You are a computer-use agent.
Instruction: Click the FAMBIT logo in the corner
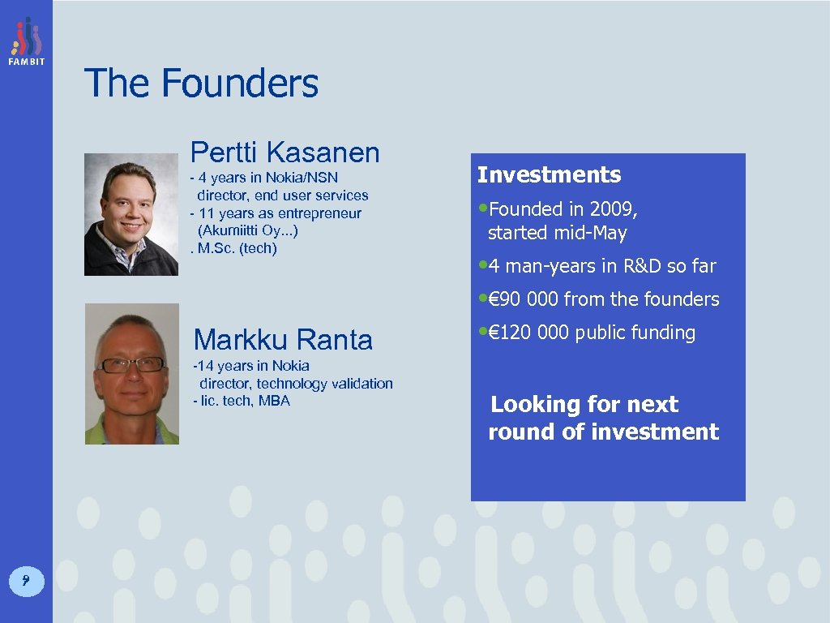[26, 41]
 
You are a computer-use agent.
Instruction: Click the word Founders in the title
[240, 84]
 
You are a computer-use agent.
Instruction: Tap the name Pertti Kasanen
[285, 152]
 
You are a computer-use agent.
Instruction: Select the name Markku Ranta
[283, 339]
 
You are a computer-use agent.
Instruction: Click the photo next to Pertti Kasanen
[131, 215]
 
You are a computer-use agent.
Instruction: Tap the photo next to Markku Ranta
[131, 374]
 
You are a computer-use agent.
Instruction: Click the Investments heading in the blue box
[549, 175]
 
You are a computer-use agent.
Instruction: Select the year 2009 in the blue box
[610, 209]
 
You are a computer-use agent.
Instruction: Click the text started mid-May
[557, 233]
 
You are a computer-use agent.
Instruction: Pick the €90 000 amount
[528, 299]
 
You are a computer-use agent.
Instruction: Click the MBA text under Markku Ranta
[274, 401]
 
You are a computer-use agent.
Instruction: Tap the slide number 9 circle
[26, 579]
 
